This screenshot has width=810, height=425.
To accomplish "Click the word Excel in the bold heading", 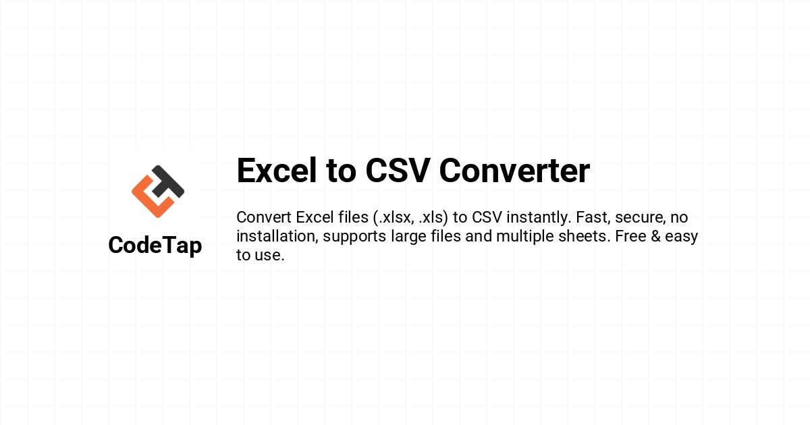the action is pos(277,171).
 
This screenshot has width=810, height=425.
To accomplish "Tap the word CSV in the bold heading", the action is pos(398,171).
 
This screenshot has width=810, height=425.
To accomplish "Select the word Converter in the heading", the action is pos(514,171).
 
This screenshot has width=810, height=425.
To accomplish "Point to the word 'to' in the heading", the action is pos(341,171).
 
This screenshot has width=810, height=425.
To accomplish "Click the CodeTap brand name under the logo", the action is pos(155,246).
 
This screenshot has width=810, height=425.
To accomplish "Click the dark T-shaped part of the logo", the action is pos(167,181).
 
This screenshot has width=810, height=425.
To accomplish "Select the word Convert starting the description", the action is pos(264,217).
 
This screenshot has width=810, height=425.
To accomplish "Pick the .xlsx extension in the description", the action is pos(394,217).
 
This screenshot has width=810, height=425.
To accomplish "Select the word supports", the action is pos(354,237).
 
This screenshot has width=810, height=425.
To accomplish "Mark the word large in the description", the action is pos(408,237).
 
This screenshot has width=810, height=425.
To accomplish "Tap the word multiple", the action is pos(525,237).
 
